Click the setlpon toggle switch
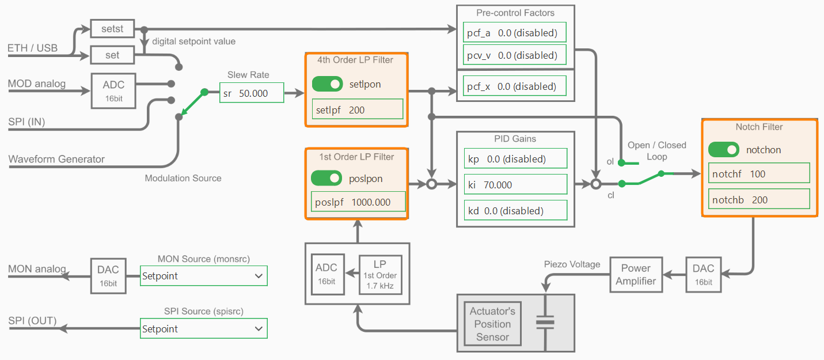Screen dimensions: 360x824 [x=327, y=84]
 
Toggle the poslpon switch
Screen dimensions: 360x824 [x=326, y=179]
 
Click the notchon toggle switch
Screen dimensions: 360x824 [x=724, y=150]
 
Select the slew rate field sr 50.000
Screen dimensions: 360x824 [x=252, y=93]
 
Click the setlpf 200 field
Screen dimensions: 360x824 [x=358, y=110]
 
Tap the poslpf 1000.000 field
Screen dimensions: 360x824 [x=358, y=202]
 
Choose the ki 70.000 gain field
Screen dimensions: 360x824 [x=515, y=185]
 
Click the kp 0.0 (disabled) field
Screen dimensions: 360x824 [x=515, y=158]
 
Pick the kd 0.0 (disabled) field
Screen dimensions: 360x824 [x=515, y=211]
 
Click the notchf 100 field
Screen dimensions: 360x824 [x=759, y=174]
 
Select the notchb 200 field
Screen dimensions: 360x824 [x=759, y=200]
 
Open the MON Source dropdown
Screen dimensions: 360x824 [x=204, y=276]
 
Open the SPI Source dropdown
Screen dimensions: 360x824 [x=204, y=329]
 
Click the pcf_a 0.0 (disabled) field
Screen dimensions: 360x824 [x=515, y=33]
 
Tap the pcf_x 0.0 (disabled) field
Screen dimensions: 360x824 [x=515, y=86]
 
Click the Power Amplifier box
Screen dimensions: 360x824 [x=636, y=275]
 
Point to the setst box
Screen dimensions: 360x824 [x=112, y=28]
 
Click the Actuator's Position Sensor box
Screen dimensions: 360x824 [x=492, y=324]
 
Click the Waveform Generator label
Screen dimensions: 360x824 [x=56, y=159]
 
